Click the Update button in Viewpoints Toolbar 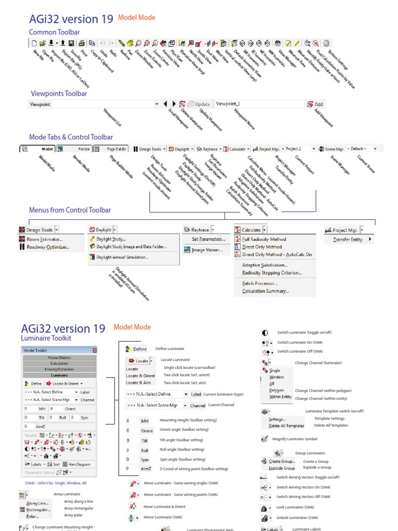[x=199, y=104]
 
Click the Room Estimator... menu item [x=45, y=239]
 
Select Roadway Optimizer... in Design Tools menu [x=48, y=247]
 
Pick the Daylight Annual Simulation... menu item [x=122, y=257]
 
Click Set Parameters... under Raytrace [x=208, y=239]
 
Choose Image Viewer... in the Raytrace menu [x=207, y=250]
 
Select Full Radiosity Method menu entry [x=264, y=239]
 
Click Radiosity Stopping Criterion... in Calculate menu [x=272, y=273]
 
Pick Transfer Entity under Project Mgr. [x=347, y=240]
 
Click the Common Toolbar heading [x=54, y=32]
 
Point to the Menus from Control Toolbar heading [x=70, y=210]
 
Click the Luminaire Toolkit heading [x=46, y=338]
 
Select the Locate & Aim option [x=138, y=382]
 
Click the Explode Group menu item [x=281, y=468]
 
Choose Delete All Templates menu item [x=286, y=426]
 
